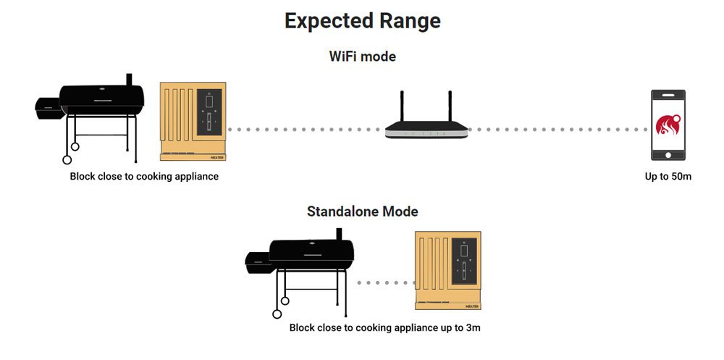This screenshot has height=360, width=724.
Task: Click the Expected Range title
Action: (x=362, y=20)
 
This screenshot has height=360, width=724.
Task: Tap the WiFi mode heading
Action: (x=362, y=56)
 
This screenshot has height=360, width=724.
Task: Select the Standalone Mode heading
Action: (x=362, y=212)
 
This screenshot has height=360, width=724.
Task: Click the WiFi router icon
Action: (x=427, y=123)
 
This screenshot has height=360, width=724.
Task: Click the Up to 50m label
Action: (x=668, y=176)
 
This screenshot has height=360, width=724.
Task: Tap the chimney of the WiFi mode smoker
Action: (x=129, y=79)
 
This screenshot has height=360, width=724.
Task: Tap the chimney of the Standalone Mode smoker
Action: (x=340, y=234)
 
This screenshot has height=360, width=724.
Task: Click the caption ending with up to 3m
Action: (x=384, y=327)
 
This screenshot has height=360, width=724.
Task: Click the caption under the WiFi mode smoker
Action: (x=144, y=176)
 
